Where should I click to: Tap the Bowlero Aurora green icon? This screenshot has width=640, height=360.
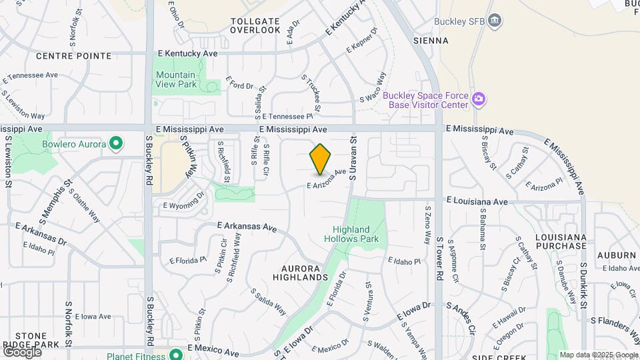[116, 143]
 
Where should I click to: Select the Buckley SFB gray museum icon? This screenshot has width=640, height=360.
[495, 21]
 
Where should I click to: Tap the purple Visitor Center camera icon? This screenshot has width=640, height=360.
[479, 100]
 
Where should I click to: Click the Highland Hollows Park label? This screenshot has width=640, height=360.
[351, 233]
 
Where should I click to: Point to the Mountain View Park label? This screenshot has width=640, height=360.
[175, 79]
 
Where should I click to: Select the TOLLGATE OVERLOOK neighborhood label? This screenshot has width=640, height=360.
[255, 25]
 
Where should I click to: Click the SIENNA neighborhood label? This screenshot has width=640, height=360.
[431, 41]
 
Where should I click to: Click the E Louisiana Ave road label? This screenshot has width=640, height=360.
[477, 201]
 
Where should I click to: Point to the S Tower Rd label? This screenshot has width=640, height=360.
[439, 257]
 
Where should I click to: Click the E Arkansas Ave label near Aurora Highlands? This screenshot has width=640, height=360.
[247, 227]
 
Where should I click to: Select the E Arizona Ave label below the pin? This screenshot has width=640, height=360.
[327, 177]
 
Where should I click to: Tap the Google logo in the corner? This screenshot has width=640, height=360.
[21, 351]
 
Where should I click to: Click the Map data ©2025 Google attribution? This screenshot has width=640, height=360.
[599, 355]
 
